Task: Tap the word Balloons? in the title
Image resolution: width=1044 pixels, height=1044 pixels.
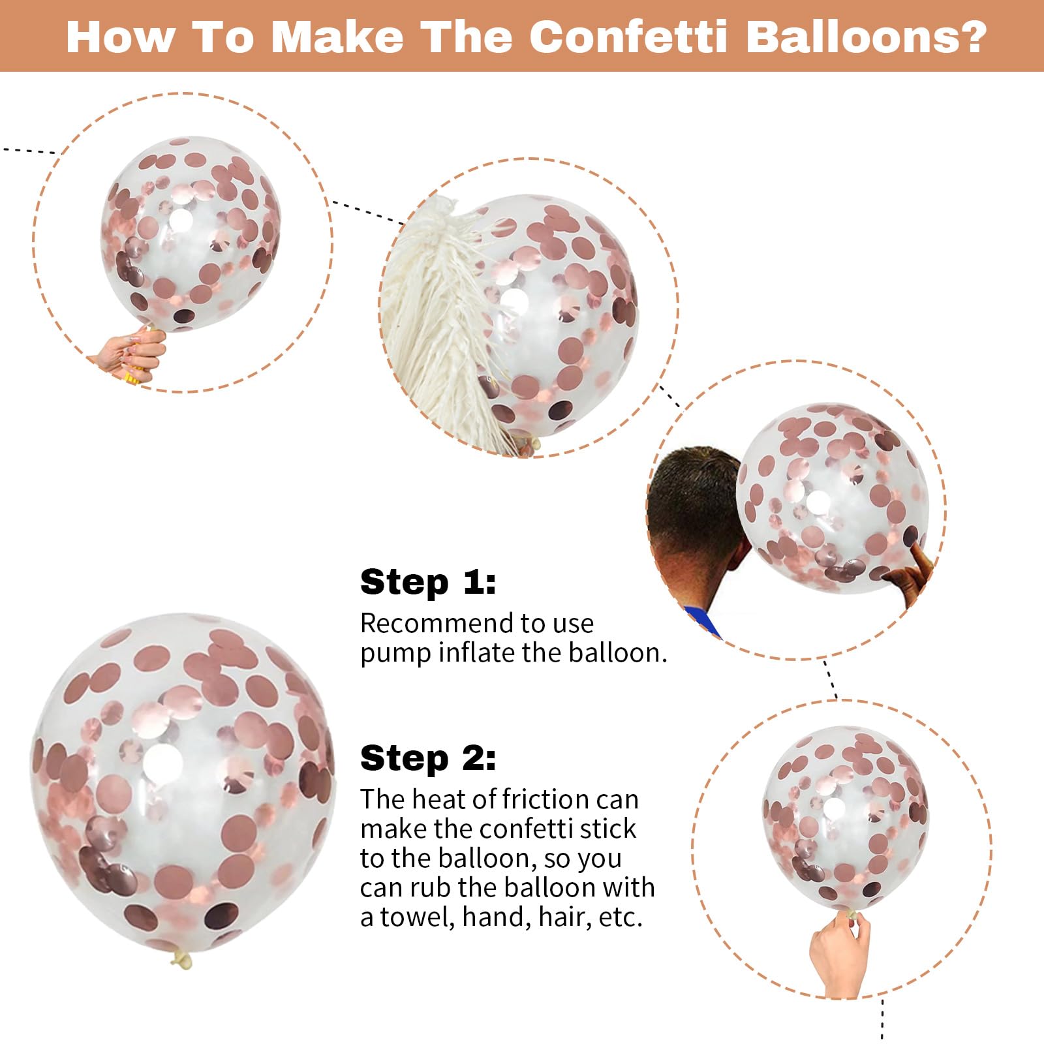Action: (x=865, y=37)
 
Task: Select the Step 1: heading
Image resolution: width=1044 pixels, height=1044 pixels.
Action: (x=428, y=581)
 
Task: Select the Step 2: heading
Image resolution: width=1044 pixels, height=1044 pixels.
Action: (x=428, y=758)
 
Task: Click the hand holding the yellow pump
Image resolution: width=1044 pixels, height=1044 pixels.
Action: (x=130, y=356)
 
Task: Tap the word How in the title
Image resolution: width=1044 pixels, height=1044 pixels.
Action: (x=121, y=37)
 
